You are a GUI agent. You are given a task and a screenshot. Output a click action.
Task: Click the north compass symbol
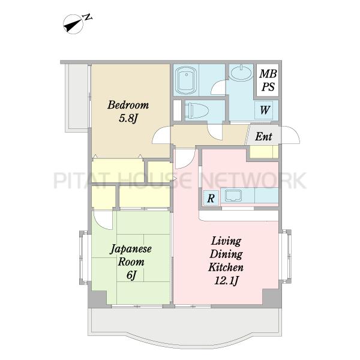[73, 24]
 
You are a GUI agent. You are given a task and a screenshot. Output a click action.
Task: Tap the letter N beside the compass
[88, 17]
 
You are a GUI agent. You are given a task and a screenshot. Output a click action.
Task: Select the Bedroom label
[128, 105]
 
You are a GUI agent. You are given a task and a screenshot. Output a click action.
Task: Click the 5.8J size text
[128, 118]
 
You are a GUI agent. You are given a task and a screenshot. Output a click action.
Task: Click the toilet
[197, 110]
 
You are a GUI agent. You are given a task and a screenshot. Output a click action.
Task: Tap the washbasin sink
[241, 73]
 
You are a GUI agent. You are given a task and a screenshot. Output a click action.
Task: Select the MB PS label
[268, 80]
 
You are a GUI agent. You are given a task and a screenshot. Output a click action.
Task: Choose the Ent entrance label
[263, 136]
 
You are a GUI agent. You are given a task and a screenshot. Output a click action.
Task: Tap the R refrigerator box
[211, 197]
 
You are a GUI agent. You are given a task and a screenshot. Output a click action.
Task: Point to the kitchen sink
[233, 196]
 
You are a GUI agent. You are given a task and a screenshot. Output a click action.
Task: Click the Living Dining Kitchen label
[226, 254]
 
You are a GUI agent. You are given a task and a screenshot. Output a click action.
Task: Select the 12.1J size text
[226, 281]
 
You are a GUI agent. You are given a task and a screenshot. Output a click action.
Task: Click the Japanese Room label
[131, 256]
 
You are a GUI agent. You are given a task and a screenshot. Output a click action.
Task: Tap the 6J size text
[131, 275]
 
